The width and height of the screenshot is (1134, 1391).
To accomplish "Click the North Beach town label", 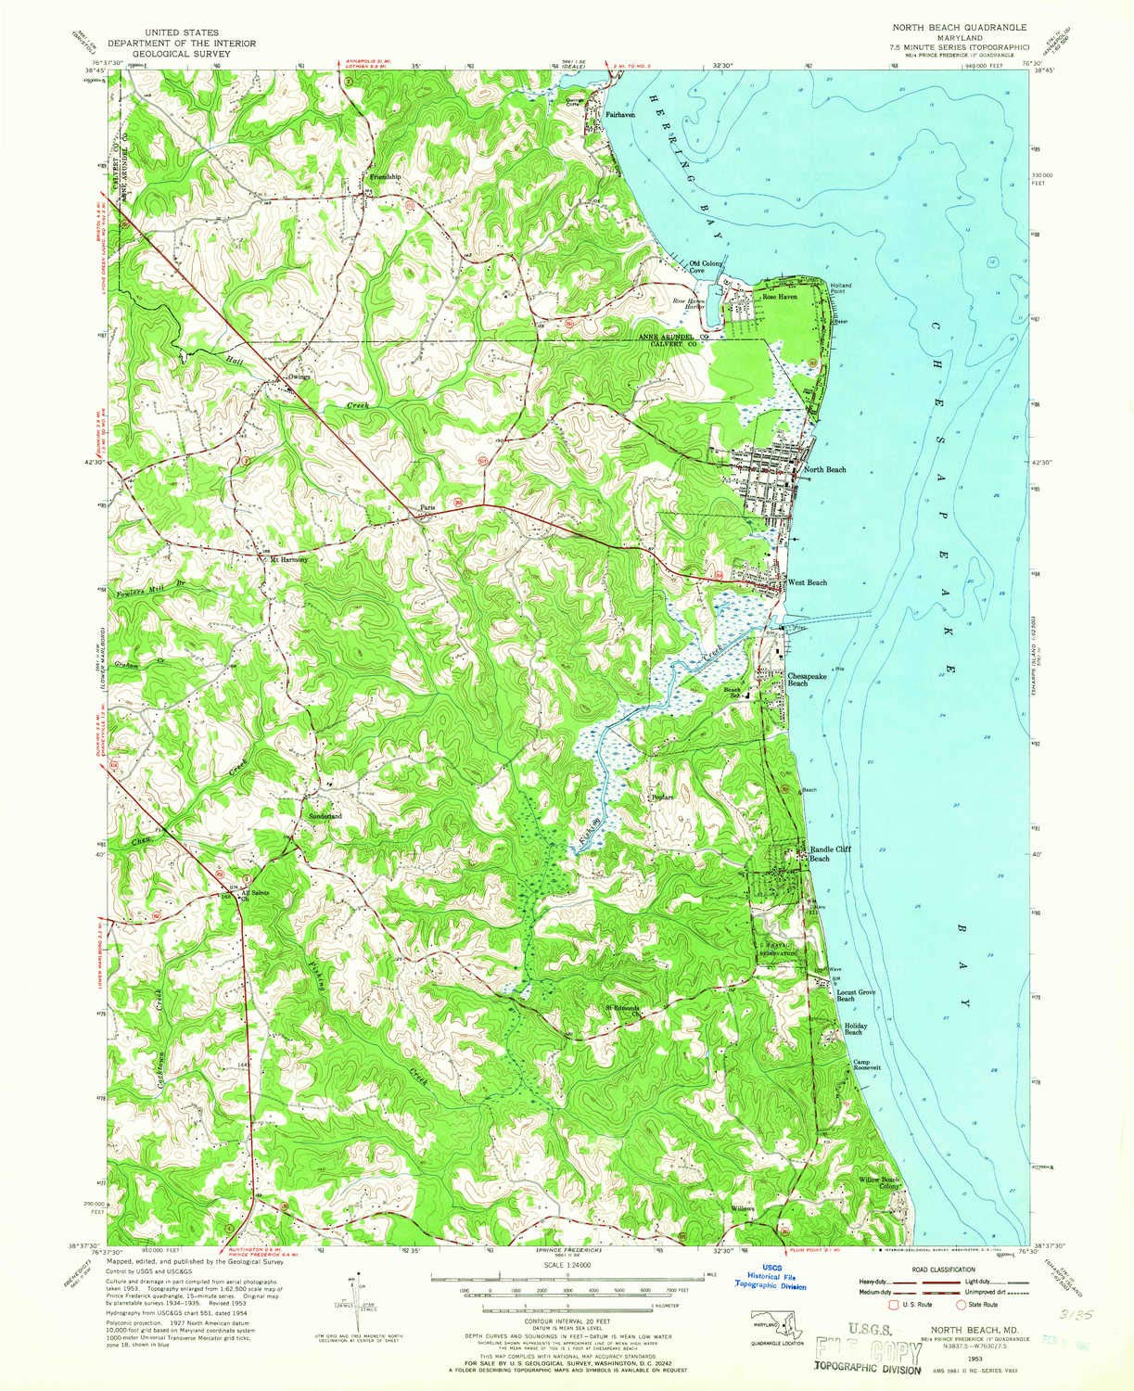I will click(x=824, y=470).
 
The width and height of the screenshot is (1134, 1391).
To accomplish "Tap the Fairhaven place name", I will click(x=620, y=115).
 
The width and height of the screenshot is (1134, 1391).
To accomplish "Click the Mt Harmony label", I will click(x=287, y=559).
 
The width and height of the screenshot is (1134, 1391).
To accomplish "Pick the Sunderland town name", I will click(x=325, y=815).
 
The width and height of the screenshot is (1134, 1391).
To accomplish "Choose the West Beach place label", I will click(x=807, y=582).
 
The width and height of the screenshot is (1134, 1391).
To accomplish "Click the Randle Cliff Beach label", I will click(x=830, y=854).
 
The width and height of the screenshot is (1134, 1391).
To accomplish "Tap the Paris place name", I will click(x=427, y=507).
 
